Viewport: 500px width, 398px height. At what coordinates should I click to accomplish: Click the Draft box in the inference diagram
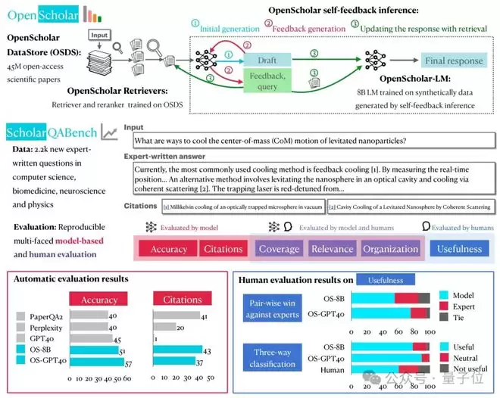click(x=272, y=59)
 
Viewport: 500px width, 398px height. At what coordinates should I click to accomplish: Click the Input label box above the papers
click(x=100, y=35)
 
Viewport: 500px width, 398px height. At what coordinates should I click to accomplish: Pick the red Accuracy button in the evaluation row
click(x=168, y=248)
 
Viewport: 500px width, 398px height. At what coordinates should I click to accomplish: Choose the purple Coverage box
click(x=279, y=248)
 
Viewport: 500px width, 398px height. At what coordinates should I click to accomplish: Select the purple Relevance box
click(x=332, y=248)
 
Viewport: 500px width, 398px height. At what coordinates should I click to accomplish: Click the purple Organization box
click(x=390, y=248)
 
